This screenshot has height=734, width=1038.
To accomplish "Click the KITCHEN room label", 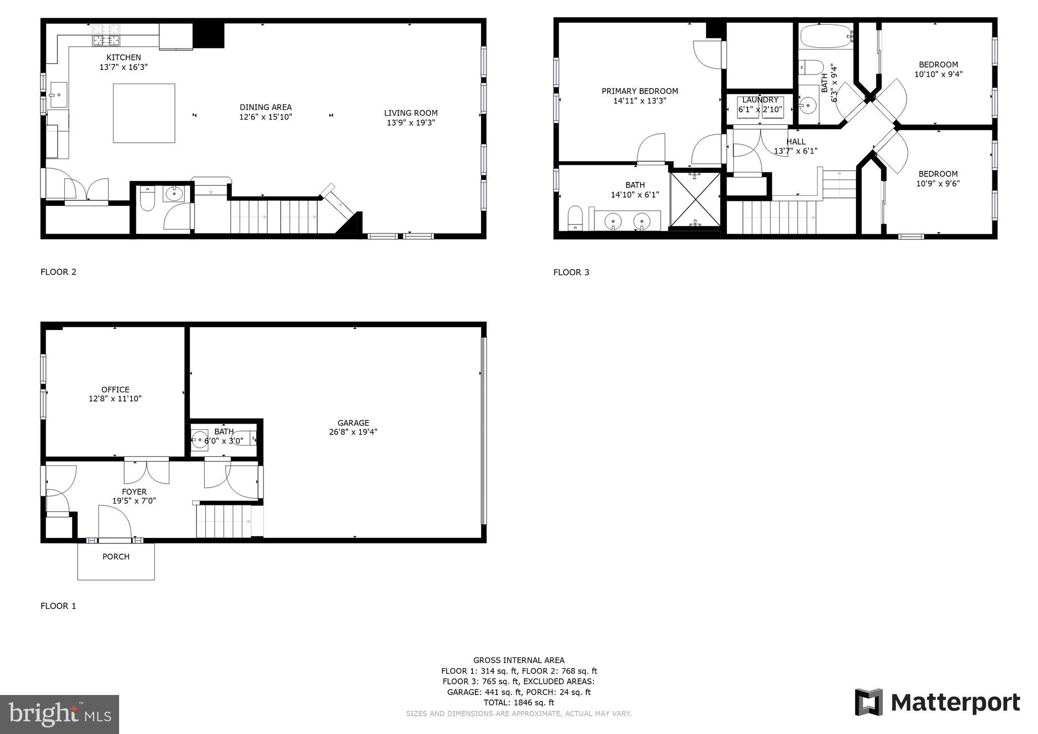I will [x=124, y=58].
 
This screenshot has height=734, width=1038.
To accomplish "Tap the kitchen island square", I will [x=144, y=113].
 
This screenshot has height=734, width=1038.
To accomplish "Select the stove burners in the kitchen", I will [x=106, y=35].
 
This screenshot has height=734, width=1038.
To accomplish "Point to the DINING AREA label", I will [x=266, y=107].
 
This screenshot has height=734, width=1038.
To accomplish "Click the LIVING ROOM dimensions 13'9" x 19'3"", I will [x=411, y=123].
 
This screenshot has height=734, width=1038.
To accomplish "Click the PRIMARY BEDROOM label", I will [x=640, y=91].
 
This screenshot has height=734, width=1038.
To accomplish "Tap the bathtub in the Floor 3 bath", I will [x=825, y=36].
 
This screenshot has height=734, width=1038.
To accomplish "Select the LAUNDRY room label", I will [x=760, y=100].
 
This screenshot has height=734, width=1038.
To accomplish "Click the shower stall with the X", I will [x=695, y=199].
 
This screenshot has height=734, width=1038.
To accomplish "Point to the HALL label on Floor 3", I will [x=796, y=142].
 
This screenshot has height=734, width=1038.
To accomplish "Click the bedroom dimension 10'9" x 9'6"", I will [x=938, y=183].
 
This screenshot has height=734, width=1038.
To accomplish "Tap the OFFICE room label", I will [x=115, y=390].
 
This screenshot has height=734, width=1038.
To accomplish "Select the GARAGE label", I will [x=353, y=423].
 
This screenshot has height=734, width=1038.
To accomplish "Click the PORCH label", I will [x=116, y=557].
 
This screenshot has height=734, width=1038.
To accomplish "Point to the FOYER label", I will [x=134, y=492].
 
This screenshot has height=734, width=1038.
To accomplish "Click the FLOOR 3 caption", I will [x=571, y=272].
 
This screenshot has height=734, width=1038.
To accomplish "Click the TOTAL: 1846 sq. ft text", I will [x=518, y=703].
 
